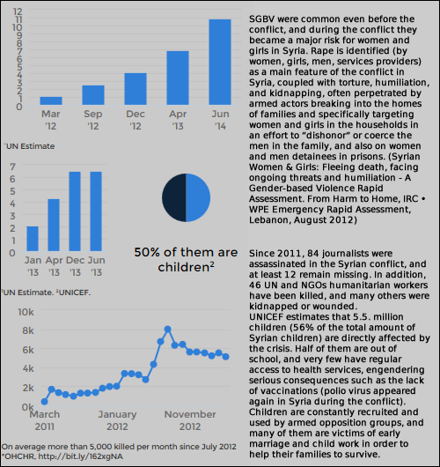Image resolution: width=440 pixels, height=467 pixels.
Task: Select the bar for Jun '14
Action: tap(220, 62)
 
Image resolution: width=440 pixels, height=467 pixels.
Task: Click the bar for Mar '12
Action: tap(51, 100)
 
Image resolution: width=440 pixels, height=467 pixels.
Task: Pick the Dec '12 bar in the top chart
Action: tap(136, 89)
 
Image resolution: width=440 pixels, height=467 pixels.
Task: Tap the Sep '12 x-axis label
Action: tap(93, 120)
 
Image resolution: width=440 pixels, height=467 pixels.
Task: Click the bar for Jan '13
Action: tap(33, 239)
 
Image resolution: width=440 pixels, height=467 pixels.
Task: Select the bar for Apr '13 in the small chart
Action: tap(54, 225)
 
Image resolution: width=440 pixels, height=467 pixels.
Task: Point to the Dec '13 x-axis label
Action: tap(75, 266)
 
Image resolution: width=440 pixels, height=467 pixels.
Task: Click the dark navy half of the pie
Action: tap(174, 197)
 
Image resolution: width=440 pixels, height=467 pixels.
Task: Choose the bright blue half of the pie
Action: tap(198, 197)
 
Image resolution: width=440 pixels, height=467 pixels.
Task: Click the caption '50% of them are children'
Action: tap(186, 260)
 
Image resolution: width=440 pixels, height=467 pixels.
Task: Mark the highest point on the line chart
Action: tap(167, 330)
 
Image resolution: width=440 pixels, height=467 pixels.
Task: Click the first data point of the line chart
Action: tap(44, 402)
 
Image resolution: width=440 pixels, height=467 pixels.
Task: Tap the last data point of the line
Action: tap(226, 357)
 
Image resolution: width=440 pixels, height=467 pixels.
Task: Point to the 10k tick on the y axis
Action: tap(26, 312)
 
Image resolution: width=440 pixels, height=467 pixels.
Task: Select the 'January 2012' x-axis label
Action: tap(117, 420)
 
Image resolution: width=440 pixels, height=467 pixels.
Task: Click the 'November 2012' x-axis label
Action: tap(190, 420)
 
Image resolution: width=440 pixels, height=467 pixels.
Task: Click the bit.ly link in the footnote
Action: tap(80, 456)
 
